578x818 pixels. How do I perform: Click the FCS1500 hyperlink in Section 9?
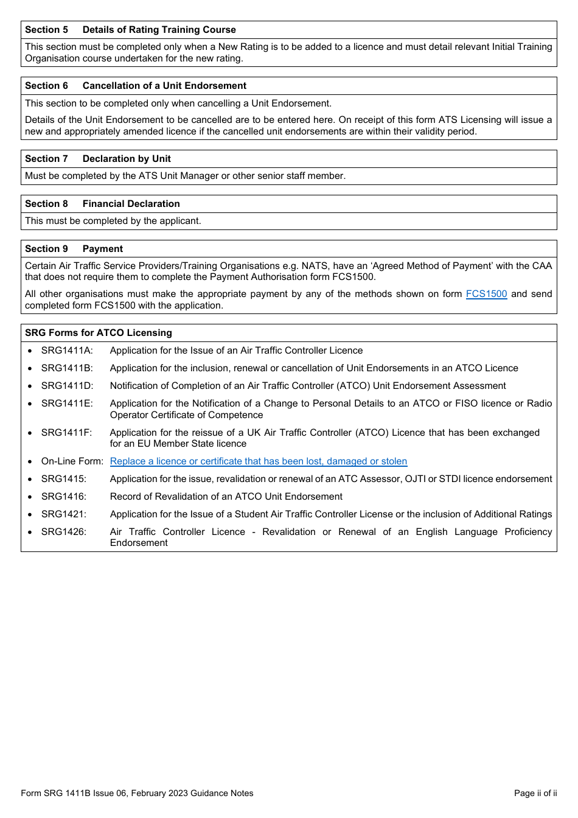coord(486,294)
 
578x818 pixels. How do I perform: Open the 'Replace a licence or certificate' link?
coord(258,461)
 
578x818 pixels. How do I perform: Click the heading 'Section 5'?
coord(46,30)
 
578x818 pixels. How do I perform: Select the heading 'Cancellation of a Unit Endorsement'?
coord(164,86)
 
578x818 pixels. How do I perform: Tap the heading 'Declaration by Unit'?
coord(127,159)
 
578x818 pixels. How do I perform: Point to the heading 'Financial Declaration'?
coord(131,204)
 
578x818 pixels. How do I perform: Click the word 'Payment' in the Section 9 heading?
coord(102,249)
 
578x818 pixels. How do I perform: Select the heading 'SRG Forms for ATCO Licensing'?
coord(98,333)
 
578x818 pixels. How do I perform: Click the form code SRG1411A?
coord(67,351)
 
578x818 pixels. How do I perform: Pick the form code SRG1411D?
coord(67,386)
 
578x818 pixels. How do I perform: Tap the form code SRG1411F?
coord(66,433)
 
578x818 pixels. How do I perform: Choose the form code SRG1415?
coord(64,479)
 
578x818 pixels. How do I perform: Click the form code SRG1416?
coord(64,497)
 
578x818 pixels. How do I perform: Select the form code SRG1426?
coord(64,532)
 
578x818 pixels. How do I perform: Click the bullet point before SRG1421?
coord(30,515)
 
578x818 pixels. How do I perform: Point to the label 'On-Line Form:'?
coord(72,461)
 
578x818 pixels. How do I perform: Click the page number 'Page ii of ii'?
coord(535,793)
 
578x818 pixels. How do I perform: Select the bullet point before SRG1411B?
coord(30,369)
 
